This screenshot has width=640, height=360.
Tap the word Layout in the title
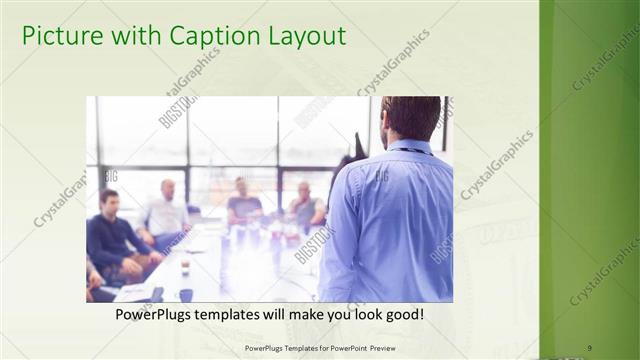pos(302,37)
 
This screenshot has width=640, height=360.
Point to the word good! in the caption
pos(400,315)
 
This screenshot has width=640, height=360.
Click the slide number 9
pos(589,348)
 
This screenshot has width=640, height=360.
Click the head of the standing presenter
pos(411,117)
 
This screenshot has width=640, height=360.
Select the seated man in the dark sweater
pos(113,235)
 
